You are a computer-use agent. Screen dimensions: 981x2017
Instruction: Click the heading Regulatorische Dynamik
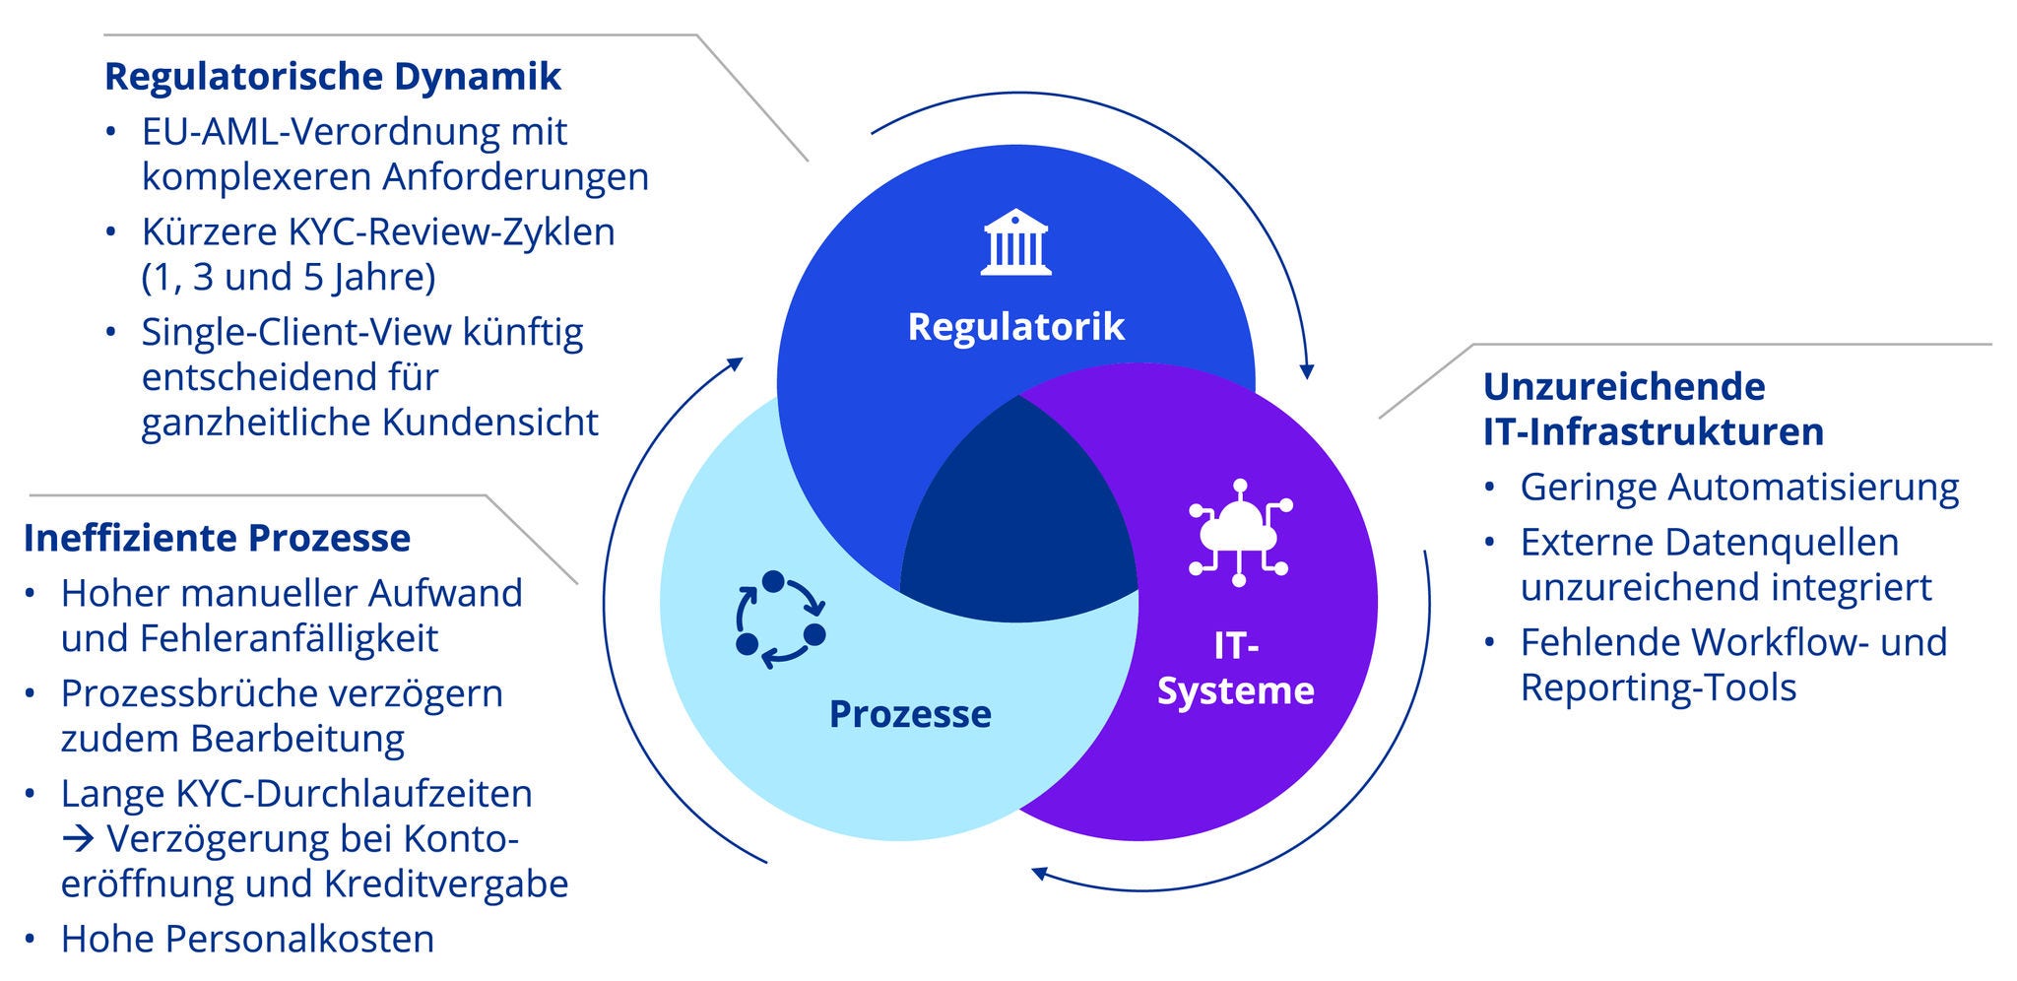[x=332, y=77]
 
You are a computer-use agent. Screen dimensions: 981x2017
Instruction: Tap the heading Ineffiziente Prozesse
[x=217, y=538]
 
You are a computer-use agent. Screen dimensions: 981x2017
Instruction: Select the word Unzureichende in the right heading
[x=1623, y=386]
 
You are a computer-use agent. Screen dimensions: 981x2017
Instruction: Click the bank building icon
[x=1015, y=241]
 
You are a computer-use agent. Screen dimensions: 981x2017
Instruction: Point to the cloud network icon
[x=1239, y=533]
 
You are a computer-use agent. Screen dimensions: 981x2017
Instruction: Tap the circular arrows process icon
[x=780, y=620]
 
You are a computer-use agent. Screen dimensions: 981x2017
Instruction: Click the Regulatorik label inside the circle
[x=1015, y=326]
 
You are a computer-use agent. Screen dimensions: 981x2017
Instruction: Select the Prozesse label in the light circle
[x=910, y=714]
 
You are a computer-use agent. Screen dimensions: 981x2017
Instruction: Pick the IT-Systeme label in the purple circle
[x=1235, y=668]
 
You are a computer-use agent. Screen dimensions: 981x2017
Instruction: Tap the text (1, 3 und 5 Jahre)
[x=289, y=277]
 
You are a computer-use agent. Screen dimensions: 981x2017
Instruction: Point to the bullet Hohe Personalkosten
[x=247, y=939]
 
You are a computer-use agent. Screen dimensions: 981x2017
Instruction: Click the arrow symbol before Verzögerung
[x=78, y=839]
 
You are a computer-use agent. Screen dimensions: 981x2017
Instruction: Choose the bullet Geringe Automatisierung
[x=1739, y=487]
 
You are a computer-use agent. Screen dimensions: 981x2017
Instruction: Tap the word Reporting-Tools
[x=1658, y=687]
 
